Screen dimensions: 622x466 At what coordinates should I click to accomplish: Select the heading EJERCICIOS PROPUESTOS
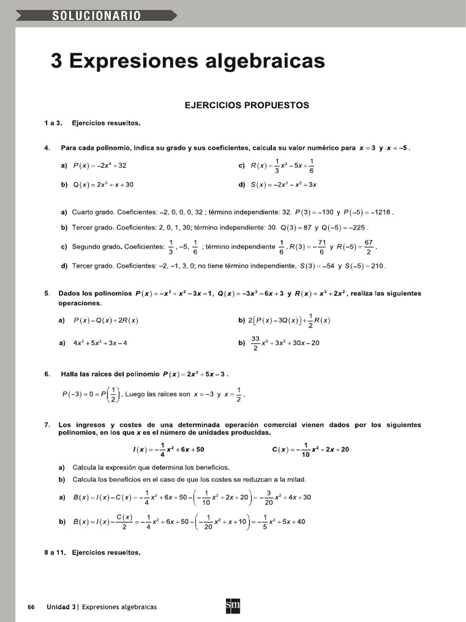pyautogui.click(x=246, y=105)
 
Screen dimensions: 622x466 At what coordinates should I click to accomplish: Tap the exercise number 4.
pyautogui.click(x=47, y=148)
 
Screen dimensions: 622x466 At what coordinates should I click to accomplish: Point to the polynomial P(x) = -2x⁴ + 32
pyautogui.click(x=100, y=165)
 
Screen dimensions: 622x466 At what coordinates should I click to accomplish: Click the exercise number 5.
pyautogui.click(x=47, y=293)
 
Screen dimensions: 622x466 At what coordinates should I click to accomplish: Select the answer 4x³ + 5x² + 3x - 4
pyautogui.click(x=100, y=343)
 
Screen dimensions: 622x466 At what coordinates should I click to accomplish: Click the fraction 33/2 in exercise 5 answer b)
pyautogui.click(x=255, y=343)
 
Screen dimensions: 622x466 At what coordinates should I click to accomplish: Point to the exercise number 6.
pyautogui.click(x=47, y=374)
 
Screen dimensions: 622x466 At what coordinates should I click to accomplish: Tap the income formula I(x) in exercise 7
pyautogui.click(x=168, y=449)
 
